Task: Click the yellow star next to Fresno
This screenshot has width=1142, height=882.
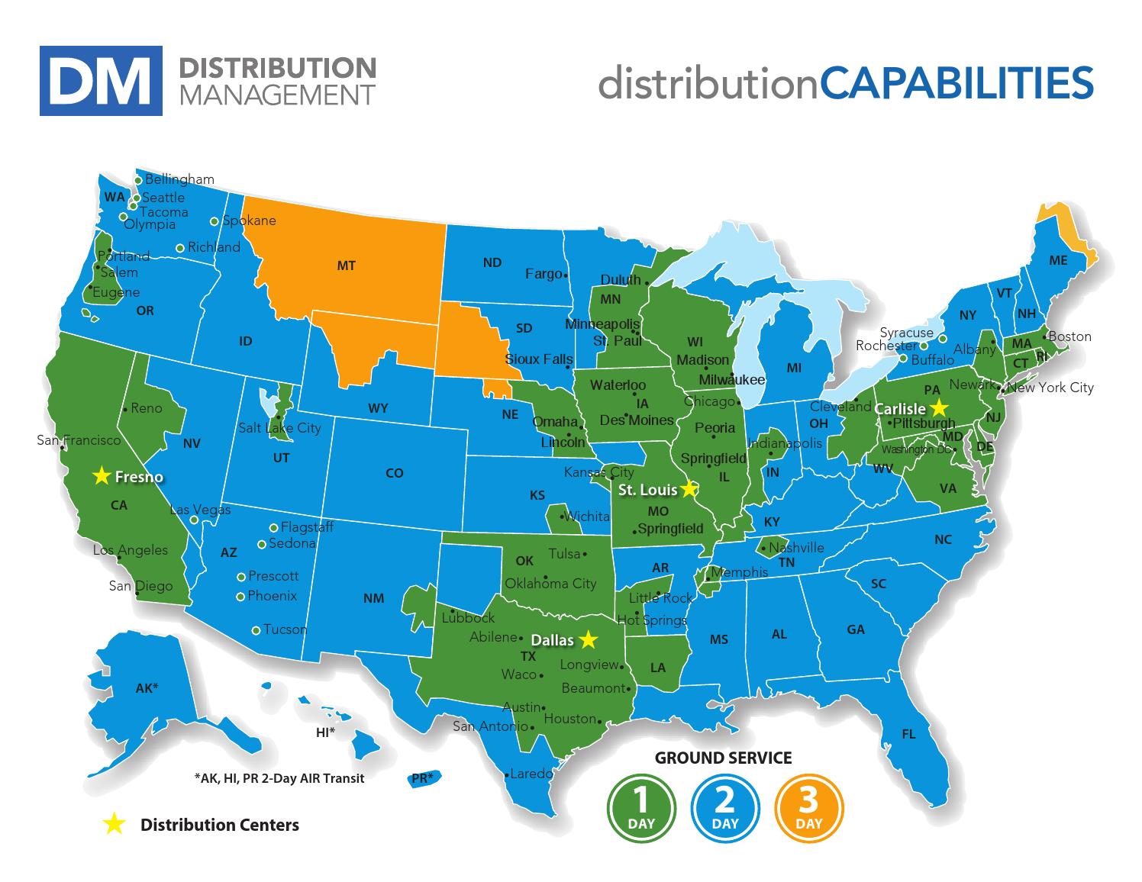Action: (101, 476)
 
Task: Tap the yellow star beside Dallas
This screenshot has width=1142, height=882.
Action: (588, 639)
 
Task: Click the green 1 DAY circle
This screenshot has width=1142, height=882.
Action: (641, 806)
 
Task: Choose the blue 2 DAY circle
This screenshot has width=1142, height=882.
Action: (724, 806)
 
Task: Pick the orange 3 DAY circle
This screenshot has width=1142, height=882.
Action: (808, 806)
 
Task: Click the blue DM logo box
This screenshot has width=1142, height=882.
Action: (101, 81)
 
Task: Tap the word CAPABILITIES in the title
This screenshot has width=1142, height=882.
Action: (957, 82)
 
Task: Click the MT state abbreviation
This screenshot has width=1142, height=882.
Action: (346, 266)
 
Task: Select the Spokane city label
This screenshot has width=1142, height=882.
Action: (249, 220)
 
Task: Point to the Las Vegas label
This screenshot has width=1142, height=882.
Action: (199, 510)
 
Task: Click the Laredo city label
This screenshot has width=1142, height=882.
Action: (531, 774)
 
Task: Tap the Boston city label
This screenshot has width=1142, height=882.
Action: (1069, 336)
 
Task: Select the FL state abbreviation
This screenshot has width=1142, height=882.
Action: (908, 734)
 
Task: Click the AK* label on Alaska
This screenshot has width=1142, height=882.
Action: (147, 688)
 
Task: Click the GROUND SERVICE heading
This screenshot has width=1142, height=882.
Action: (723, 758)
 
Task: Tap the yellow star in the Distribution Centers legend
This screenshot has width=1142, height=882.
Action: (114, 823)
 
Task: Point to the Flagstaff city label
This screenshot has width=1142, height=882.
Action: (307, 527)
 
